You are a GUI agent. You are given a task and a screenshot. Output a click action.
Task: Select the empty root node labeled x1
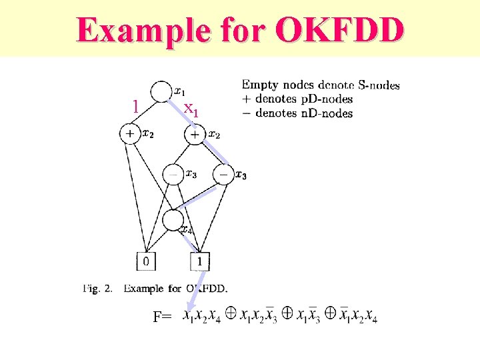(x=161, y=92)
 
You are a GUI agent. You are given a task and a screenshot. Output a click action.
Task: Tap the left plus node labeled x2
(x=130, y=134)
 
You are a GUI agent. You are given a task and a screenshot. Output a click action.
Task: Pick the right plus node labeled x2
(x=194, y=135)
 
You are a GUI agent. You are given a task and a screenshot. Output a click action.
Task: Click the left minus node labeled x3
(x=173, y=174)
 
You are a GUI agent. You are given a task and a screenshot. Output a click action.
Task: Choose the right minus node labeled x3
(x=223, y=175)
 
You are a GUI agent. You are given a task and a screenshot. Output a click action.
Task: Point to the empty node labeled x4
(x=173, y=219)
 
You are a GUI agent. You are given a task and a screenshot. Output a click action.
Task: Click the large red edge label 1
(x=136, y=107)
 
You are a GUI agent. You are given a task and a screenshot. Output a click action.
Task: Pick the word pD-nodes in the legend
(x=327, y=99)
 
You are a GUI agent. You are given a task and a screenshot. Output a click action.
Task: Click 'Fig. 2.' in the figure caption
(x=98, y=289)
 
